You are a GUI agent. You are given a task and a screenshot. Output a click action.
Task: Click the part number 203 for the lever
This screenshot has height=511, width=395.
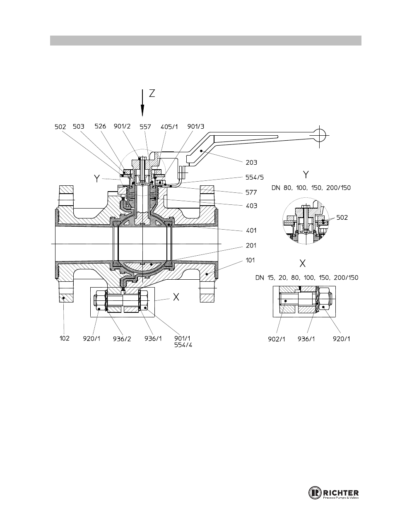(x=251, y=162)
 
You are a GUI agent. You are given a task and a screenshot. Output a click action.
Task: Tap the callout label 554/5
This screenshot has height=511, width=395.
(x=255, y=178)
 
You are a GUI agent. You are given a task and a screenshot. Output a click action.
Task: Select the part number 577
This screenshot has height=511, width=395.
(x=251, y=192)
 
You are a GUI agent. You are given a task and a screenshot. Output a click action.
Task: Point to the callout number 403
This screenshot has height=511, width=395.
(x=251, y=206)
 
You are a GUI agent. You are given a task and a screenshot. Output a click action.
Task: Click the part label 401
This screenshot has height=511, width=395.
(x=251, y=230)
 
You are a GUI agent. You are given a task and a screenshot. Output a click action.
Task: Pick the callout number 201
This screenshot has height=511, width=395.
(x=251, y=245)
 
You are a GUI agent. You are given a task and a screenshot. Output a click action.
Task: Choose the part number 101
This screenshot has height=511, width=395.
(x=250, y=260)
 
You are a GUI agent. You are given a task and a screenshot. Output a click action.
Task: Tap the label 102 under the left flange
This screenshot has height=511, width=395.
(x=65, y=338)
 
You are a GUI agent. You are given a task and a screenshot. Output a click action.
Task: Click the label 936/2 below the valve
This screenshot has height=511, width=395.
(x=122, y=339)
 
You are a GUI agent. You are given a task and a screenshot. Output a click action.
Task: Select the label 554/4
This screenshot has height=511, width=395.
(x=183, y=345)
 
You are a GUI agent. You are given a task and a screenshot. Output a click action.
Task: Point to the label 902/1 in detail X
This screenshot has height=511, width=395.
(x=277, y=339)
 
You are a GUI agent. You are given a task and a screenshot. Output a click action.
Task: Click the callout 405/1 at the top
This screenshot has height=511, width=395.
(x=169, y=127)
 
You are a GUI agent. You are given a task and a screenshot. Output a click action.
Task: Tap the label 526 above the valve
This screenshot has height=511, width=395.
(x=100, y=126)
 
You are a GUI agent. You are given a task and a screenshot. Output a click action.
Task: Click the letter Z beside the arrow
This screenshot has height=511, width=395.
(x=152, y=94)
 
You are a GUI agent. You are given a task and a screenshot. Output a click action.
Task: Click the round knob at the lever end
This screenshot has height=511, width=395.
(x=320, y=135)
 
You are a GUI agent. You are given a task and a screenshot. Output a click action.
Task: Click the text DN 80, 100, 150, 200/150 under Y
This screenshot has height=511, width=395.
(x=311, y=188)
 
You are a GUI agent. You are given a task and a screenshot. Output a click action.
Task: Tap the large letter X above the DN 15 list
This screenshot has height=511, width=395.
(x=303, y=264)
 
